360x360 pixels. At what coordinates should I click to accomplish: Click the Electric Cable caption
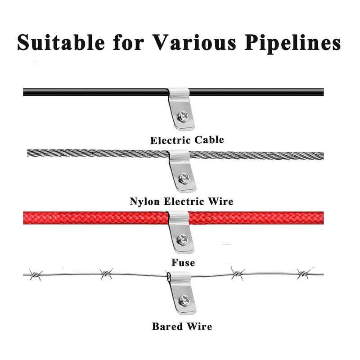click(187, 140)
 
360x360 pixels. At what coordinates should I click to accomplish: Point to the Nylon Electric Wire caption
click(181, 201)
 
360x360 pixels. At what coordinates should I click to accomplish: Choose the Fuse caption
click(183, 261)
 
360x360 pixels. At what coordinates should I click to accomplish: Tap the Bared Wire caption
click(182, 326)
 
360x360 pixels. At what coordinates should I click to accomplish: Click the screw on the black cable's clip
click(183, 116)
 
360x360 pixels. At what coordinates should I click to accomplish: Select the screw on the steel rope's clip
click(183, 178)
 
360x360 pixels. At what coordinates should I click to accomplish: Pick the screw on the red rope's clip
click(183, 239)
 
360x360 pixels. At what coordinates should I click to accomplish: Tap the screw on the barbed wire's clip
click(184, 300)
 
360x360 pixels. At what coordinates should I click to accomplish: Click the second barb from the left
click(106, 273)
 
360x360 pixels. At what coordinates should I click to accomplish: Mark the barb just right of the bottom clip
click(237, 272)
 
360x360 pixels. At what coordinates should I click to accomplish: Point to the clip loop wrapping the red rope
click(179, 217)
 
